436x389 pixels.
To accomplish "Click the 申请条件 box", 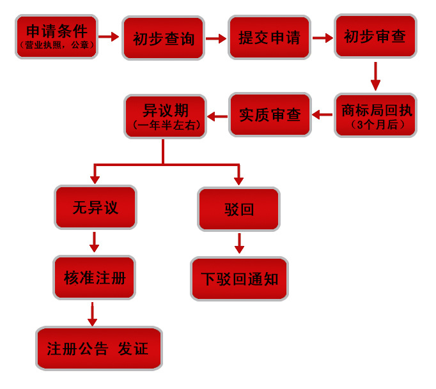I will (56, 36).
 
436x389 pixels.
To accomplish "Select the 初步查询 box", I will (163, 38).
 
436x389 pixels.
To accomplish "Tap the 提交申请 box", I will (269, 38).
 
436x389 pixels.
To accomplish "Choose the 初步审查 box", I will (375, 36).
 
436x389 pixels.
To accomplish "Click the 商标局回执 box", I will (375, 116).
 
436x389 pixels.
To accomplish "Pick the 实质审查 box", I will (270, 115).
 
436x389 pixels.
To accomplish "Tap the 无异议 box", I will (95, 208).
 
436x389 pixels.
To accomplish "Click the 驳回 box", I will (238, 209).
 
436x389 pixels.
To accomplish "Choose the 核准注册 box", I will (95, 278).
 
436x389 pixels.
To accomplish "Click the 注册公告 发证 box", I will (98, 349).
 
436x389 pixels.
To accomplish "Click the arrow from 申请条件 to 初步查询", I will (109, 37).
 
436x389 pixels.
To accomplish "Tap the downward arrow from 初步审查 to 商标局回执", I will (375, 76).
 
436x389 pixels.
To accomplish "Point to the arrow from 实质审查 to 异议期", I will (217, 116).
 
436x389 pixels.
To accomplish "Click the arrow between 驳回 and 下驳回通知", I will (239, 243).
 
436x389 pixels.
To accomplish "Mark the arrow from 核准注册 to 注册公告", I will (92, 314).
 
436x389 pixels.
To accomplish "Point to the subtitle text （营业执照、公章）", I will (56, 45).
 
